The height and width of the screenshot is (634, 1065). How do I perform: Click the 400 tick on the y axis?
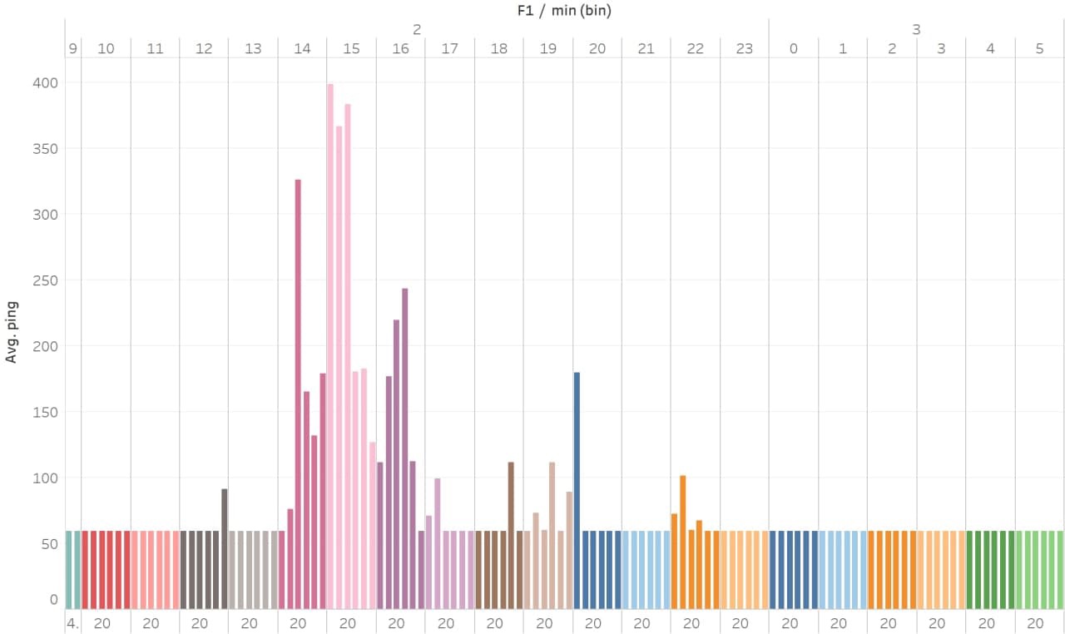47,83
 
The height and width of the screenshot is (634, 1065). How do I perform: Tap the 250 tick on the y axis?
47,280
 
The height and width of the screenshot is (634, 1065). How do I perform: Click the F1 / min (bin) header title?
565,11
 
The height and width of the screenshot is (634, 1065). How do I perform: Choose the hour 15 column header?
351,48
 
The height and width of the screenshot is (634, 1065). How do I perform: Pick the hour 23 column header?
744,48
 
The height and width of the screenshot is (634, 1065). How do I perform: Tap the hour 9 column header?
73,48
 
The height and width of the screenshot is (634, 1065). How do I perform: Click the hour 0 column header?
793,48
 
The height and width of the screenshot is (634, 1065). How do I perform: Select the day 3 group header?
916,29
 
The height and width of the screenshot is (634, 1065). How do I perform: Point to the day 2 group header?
417,29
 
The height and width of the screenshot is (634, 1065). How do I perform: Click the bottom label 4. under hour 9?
73,623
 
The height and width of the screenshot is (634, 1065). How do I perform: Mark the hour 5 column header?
1039,48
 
